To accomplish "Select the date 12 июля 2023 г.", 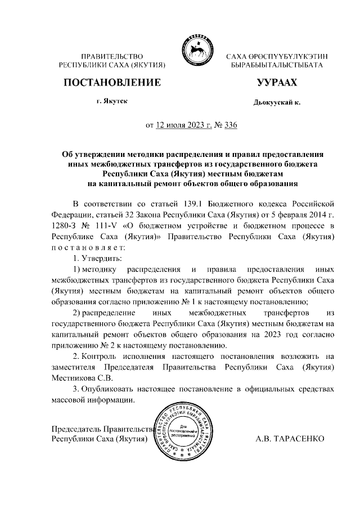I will coord(183,125).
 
